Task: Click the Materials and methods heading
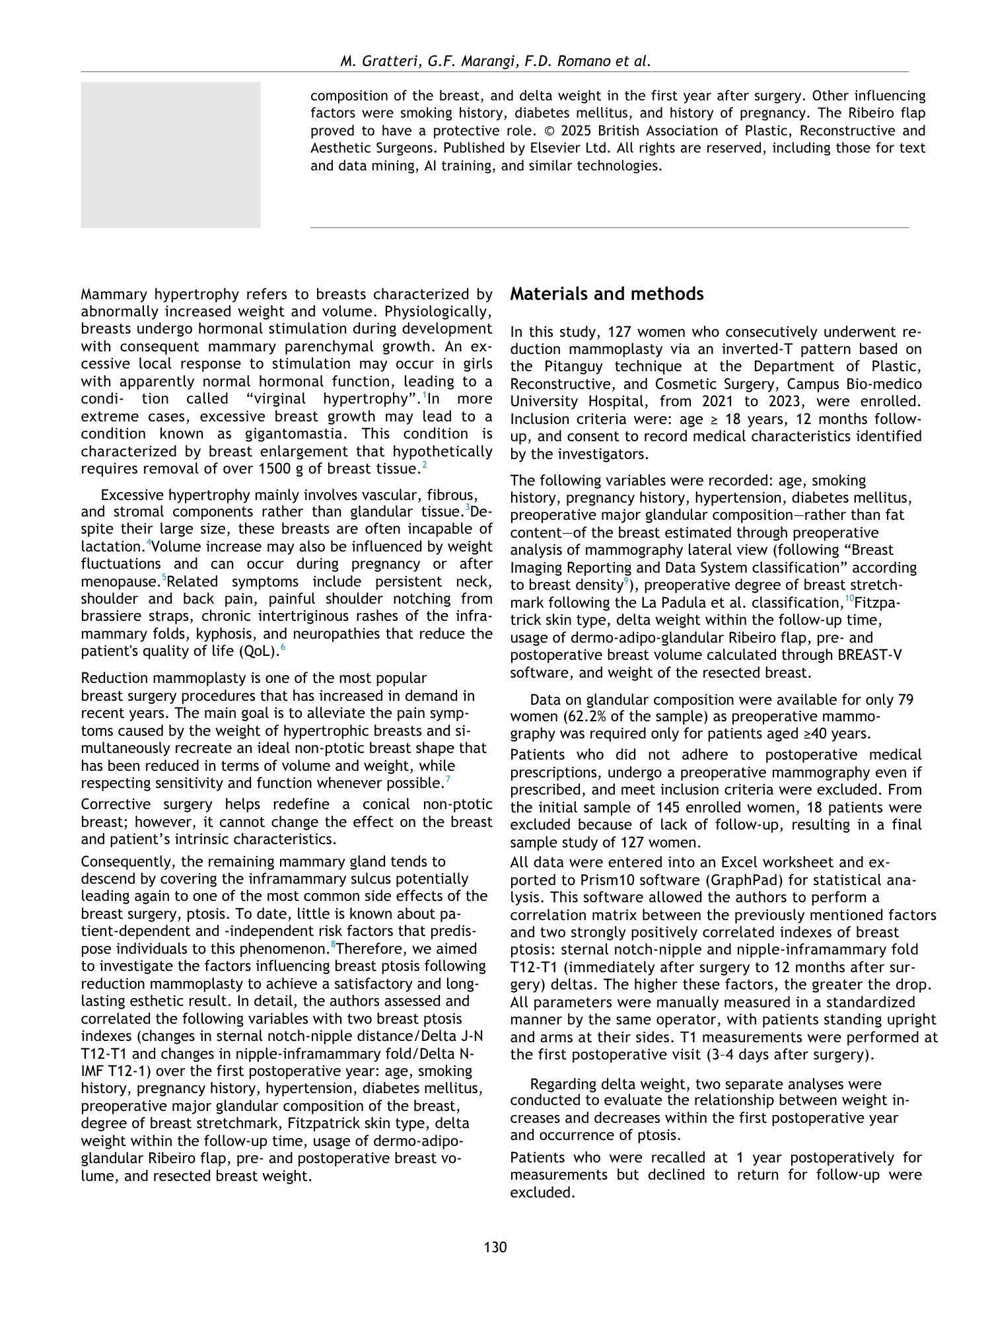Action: coord(606,295)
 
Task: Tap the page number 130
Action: coord(495,1247)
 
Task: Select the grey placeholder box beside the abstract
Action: coord(170,155)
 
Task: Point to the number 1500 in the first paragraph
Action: coord(276,469)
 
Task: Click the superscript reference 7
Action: coord(448,780)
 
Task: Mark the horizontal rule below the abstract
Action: coord(609,228)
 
